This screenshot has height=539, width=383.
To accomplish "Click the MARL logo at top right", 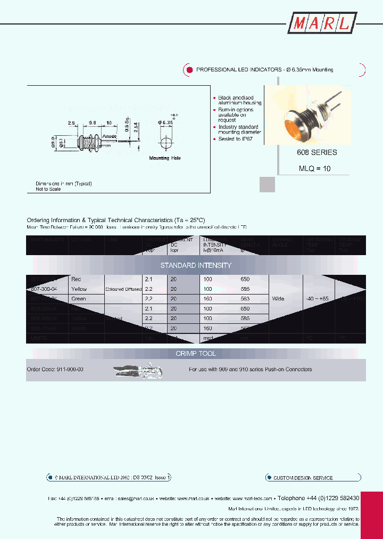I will click(x=322, y=23).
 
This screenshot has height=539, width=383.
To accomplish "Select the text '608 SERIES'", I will click(x=317, y=152).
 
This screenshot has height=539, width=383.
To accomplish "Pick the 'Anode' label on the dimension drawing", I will click(x=110, y=136).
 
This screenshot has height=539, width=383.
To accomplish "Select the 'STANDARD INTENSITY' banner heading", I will click(x=196, y=265).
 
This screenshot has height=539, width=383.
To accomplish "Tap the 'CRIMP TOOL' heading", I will click(x=196, y=354).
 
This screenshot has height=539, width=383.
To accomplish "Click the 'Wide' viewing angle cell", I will click(x=278, y=299).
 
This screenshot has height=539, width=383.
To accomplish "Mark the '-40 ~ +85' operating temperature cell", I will click(x=318, y=299).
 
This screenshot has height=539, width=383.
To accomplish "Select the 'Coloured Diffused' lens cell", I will click(x=123, y=289).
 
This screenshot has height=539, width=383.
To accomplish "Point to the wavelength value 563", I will click(x=245, y=299).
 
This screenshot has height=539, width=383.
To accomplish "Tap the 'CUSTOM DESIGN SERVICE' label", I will click(x=303, y=478).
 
